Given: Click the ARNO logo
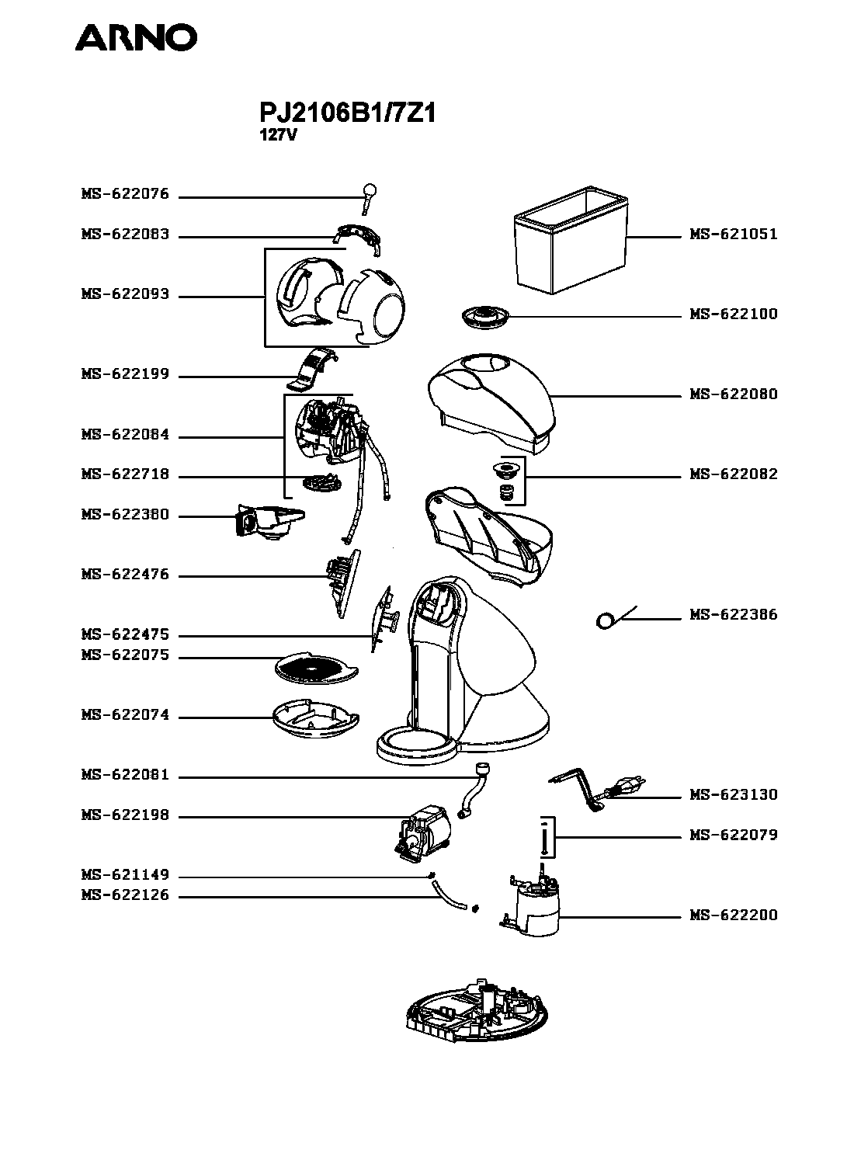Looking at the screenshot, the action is tap(136, 38).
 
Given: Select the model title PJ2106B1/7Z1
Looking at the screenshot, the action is tap(347, 113).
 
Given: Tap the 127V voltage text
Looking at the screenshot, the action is tap(278, 135).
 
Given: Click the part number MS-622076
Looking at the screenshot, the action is tap(125, 194).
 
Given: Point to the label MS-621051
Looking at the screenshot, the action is tap(733, 235).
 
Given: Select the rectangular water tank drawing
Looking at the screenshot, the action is tap(571, 239).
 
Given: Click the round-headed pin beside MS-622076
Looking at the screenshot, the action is tap(369, 199).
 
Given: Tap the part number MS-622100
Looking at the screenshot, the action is tap(733, 314).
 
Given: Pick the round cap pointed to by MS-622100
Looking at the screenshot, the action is tap(485, 316).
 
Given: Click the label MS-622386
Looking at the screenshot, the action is tap(733, 615).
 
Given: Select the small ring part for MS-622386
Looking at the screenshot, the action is tap(605, 620).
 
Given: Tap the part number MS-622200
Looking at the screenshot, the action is tap(733, 915).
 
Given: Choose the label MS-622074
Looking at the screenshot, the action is tap(125, 715).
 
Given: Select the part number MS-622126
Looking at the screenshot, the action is tap(125, 895).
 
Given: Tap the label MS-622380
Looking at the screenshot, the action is tap(125, 515).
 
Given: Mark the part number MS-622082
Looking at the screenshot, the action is tap(733, 474).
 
